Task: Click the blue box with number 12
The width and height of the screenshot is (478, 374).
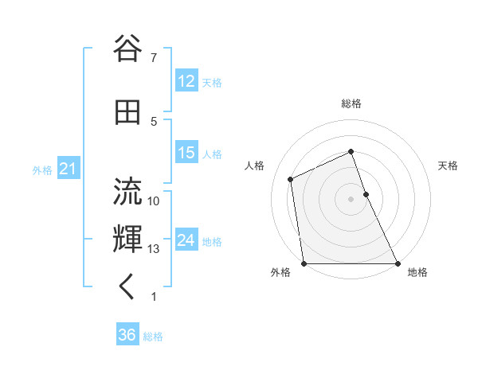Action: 186,81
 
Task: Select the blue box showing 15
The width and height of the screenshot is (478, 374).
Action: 186,153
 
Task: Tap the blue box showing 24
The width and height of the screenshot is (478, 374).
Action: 186,240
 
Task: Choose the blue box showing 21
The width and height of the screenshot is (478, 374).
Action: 68,169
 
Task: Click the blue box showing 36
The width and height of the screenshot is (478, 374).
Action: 127,335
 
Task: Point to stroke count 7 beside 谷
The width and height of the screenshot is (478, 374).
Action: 153,57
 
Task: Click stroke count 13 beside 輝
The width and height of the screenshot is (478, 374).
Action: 154,249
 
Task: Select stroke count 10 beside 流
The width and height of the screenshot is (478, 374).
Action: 154,201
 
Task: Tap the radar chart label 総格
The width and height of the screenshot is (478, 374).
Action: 351,103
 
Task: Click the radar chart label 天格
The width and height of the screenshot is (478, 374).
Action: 448,166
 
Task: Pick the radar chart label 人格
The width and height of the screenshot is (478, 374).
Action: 255,166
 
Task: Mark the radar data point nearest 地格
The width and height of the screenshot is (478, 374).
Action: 398,263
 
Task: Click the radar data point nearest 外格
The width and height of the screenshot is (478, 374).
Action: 304,263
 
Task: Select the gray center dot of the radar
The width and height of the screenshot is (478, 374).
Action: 351,199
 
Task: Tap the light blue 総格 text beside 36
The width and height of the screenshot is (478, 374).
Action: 153,337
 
